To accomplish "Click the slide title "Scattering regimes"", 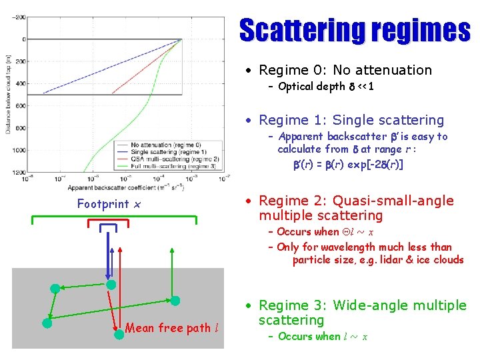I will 354,31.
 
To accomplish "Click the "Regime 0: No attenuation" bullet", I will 345,70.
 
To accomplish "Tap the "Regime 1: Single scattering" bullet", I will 351,120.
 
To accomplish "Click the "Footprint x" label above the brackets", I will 109,203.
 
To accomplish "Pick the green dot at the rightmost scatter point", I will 175,300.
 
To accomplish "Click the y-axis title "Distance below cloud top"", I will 8,93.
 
